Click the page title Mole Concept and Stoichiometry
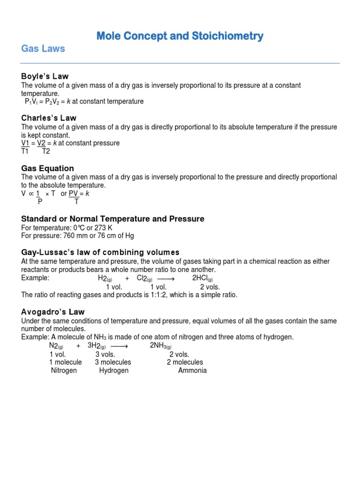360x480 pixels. pos(180,36)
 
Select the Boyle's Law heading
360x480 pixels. pos(45,76)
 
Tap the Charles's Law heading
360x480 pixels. pos(49,118)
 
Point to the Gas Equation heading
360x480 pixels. pos(48,168)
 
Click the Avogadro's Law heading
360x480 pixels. pos(53,312)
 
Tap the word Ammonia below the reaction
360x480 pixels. pos(192,370)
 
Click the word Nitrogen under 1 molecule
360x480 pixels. pos(64,370)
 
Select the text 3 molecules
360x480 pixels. pos(113,362)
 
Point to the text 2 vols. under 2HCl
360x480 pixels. pos(210,287)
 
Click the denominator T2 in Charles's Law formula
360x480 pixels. pos(46,151)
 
